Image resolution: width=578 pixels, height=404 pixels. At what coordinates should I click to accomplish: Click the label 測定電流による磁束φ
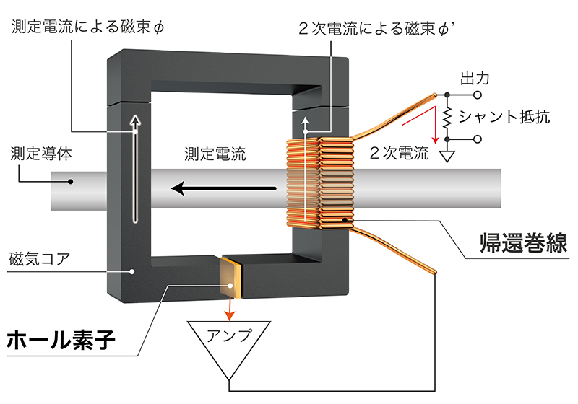point(87,27)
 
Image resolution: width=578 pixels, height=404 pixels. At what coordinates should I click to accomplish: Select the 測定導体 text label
point(41,154)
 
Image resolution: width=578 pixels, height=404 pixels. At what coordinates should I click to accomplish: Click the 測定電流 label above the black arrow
point(215,154)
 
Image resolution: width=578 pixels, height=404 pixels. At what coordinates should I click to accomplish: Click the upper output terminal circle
point(478,95)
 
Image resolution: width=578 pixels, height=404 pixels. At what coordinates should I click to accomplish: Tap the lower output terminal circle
point(478,139)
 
